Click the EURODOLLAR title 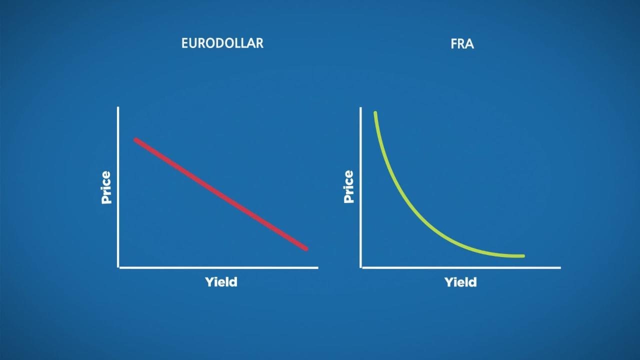point(222,43)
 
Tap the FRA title point(462,44)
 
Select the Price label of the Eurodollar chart point(106,187)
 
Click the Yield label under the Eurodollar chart point(221,282)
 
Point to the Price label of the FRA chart point(348,186)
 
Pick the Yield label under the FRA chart point(460,282)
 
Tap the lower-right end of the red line point(306,248)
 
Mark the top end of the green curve point(375,113)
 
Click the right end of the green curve point(523,256)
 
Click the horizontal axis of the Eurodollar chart point(218,267)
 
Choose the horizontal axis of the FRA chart point(460,267)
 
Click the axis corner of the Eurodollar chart point(118,267)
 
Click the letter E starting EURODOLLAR point(184,43)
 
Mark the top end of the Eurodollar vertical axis point(118,108)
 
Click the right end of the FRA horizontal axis point(559,267)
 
